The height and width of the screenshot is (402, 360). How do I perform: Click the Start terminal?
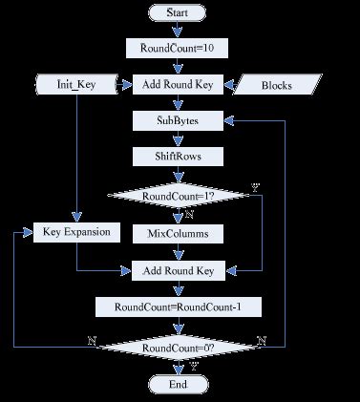(178, 12)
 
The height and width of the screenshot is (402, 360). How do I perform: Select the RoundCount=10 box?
(178, 47)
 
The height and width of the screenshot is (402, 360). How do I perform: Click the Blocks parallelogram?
(277, 85)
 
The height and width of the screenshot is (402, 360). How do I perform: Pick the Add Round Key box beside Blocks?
(178, 84)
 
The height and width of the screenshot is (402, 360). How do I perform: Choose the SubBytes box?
(178, 120)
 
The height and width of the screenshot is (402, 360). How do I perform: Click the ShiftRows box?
(178, 157)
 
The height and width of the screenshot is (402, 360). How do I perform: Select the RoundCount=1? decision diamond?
(178, 196)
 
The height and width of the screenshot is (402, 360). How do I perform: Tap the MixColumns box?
(178, 233)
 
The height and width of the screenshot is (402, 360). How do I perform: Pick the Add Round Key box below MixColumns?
(178, 270)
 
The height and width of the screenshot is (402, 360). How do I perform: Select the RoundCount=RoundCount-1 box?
(178, 307)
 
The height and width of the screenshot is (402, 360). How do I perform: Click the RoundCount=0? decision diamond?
(178, 349)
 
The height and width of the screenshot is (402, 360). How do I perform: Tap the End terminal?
(178, 384)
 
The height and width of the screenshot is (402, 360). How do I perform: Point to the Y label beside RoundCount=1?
(254, 186)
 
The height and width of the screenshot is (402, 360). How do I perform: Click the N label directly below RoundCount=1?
(190, 215)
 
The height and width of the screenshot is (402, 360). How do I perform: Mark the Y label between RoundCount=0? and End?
(195, 367)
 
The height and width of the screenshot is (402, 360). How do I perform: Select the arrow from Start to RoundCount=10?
(178, 30)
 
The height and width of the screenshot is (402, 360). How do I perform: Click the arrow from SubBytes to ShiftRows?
(178, 138)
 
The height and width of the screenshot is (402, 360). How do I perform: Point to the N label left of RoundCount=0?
(91, 340)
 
